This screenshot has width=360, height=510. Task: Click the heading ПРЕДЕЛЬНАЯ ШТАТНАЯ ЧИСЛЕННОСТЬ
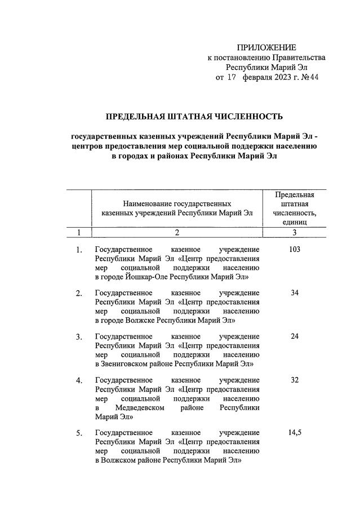194,117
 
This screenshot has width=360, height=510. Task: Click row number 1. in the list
79,250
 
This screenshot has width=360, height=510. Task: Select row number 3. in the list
79,336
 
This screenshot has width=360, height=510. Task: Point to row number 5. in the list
79,433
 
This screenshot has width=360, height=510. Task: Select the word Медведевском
139,407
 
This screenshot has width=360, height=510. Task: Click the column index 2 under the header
177,232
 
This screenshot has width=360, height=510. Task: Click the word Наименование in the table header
146,203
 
